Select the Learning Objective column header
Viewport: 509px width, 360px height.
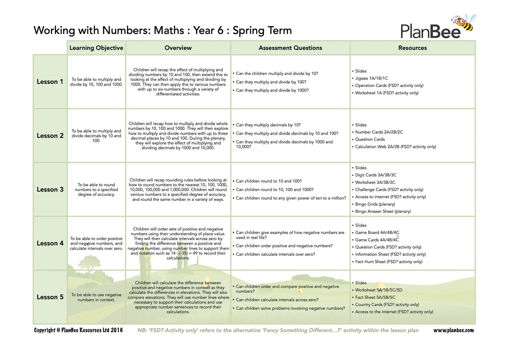tap(96, 48)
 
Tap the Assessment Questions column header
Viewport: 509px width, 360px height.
tap(290, 48)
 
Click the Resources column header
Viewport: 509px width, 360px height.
tap(412, 48)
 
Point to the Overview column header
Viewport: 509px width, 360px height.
tap(178, 48)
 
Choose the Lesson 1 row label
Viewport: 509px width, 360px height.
tap(50, 82)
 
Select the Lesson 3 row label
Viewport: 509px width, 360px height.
tap(50, 189)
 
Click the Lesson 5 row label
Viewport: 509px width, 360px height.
tap(50, 297)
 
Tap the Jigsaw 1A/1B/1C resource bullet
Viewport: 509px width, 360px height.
tap(371, 78)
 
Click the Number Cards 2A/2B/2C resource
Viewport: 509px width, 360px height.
tap(379, 132)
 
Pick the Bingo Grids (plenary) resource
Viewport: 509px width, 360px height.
tap(375, 204)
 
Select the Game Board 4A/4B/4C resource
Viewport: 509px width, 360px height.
tap(377, 232)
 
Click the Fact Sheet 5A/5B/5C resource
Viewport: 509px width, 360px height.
tap(375, 297)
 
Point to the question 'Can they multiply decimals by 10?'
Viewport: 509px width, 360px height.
tap(268, 125)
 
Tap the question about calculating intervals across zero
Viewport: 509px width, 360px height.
tap(277, 300)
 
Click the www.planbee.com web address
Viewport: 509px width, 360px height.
tap(453, 330)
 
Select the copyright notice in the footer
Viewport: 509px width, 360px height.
tap(78, 330)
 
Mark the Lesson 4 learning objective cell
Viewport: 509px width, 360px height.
tap(96, 243)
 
